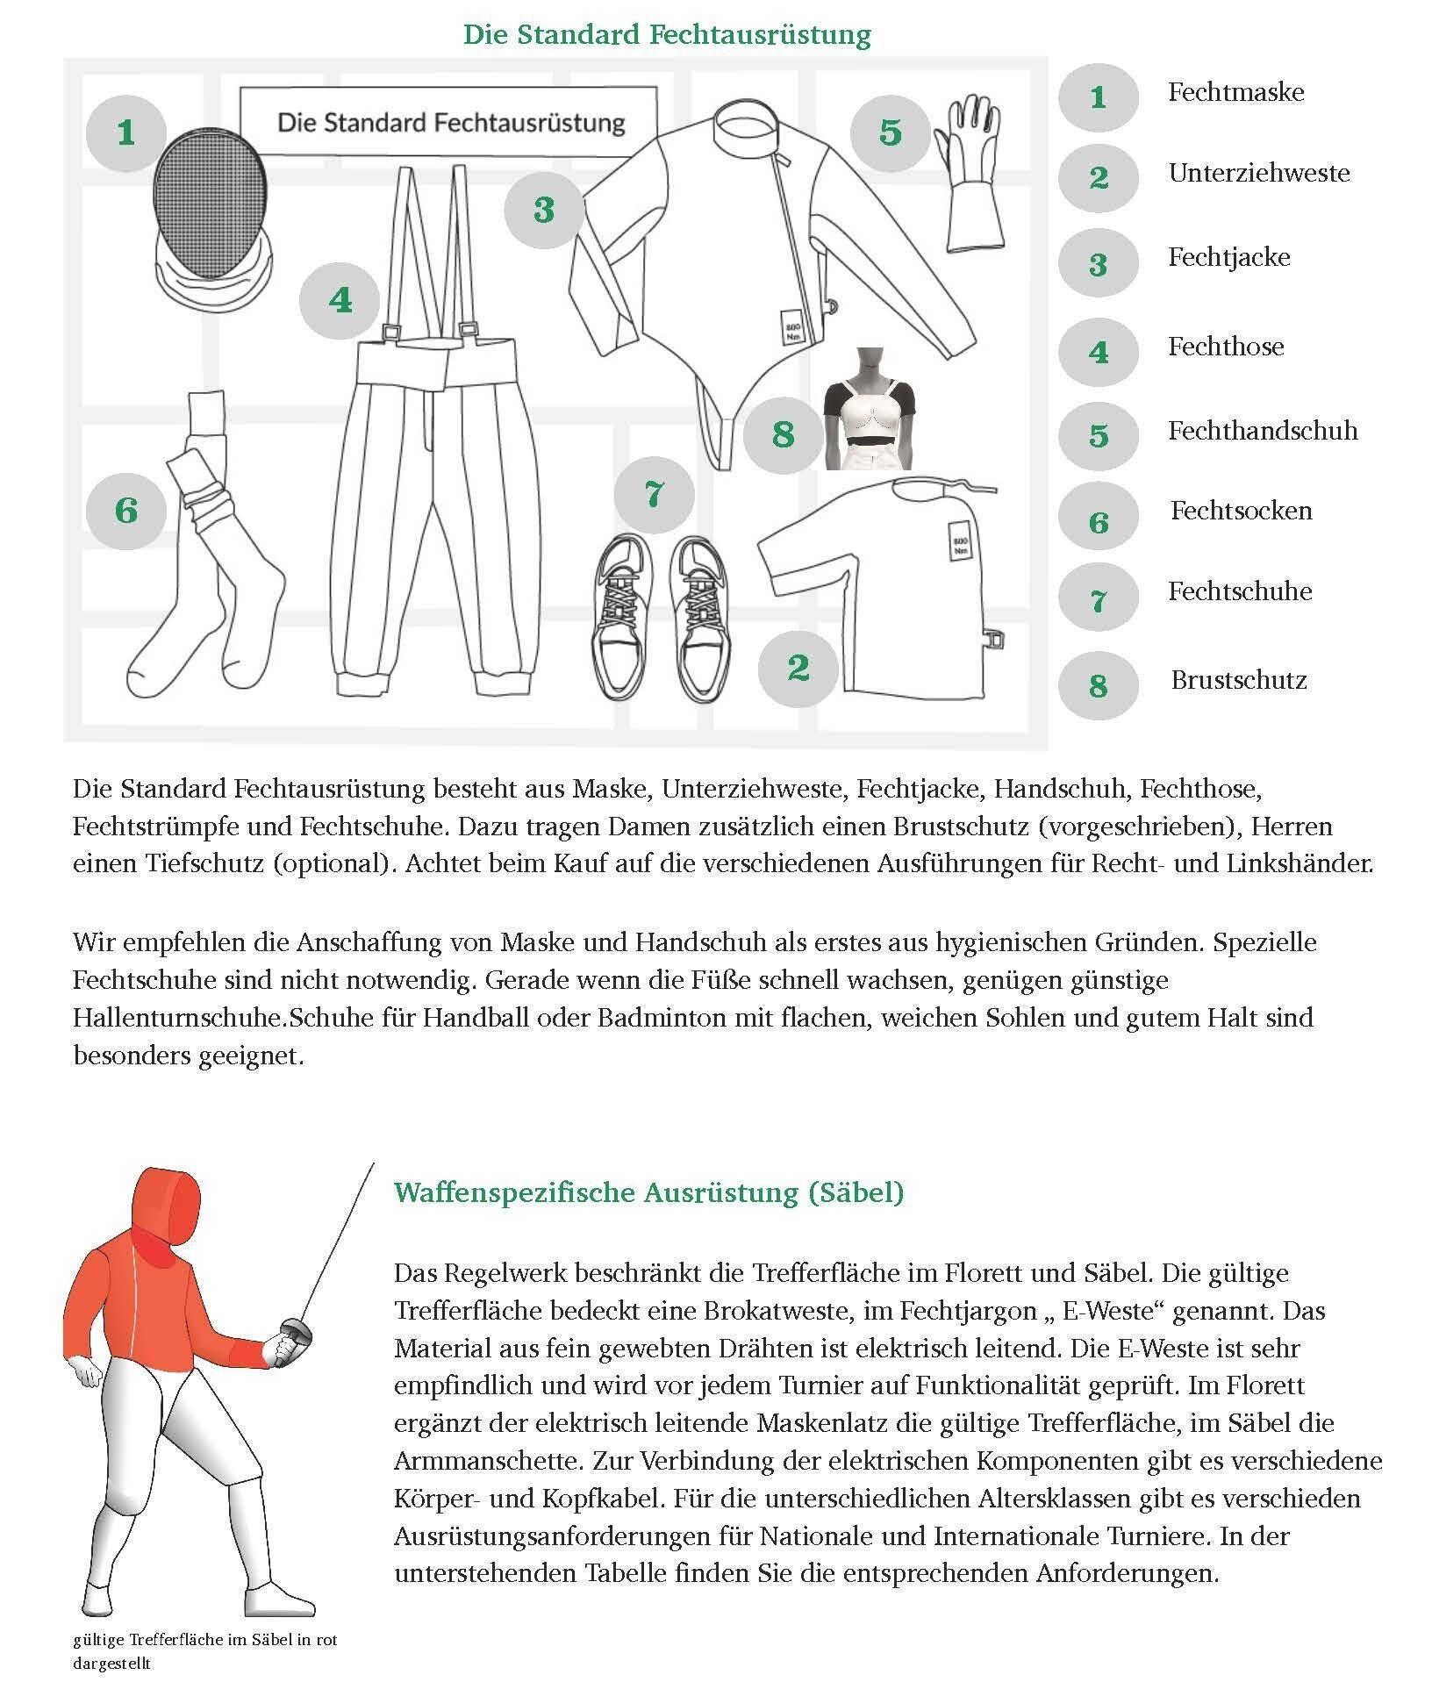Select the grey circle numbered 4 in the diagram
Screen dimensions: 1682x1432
340,301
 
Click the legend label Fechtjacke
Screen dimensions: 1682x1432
1228,258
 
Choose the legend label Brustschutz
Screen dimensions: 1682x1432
1238,680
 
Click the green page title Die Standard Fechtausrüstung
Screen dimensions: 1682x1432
667,35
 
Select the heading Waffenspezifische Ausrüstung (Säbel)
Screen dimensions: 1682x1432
648,1192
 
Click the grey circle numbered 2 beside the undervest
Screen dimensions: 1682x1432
798,668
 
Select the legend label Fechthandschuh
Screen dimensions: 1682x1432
1262,431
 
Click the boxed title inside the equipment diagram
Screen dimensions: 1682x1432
449,123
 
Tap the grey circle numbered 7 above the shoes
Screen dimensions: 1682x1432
654,494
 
